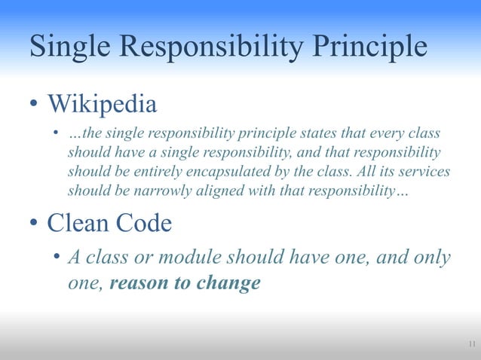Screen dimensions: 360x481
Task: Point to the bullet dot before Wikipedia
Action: pos(34,105)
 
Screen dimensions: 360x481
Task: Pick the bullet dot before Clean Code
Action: pos(34,223)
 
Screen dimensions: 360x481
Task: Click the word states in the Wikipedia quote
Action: pos(328,135)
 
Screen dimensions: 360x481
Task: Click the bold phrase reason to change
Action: pos(185,283)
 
